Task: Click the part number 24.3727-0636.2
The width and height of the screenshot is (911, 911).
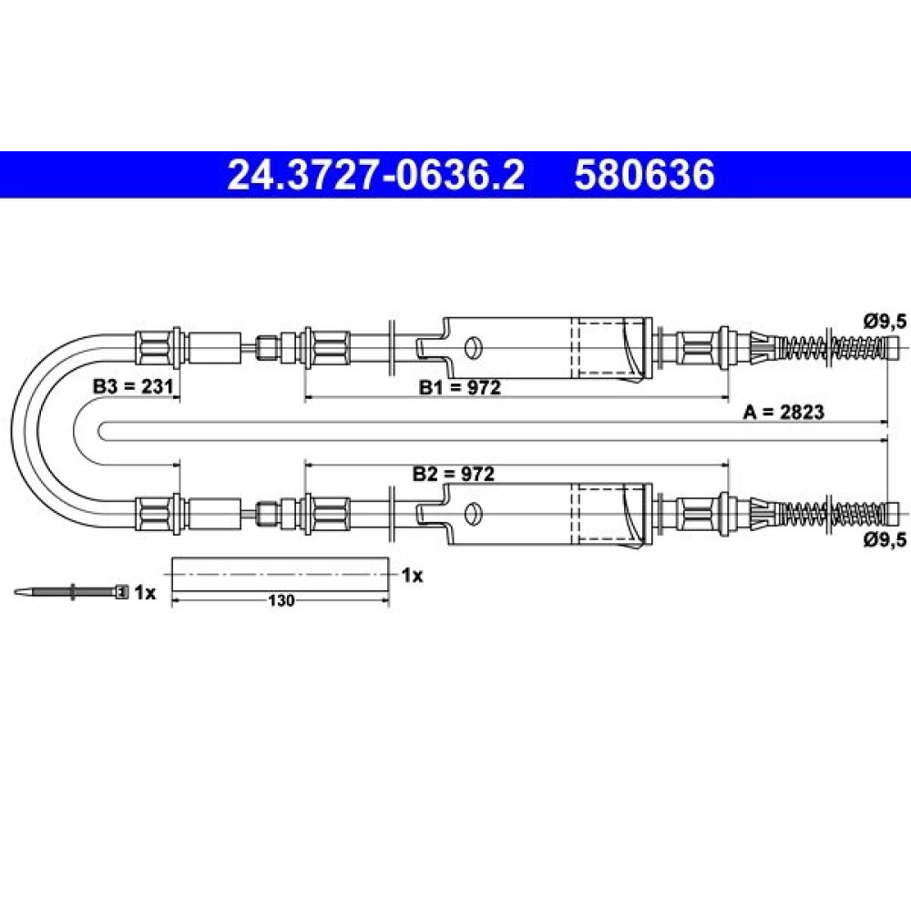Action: tap(376, 175)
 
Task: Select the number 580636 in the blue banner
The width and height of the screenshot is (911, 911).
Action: tap(644, 175)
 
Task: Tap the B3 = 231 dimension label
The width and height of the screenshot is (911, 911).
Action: tap(134, 386)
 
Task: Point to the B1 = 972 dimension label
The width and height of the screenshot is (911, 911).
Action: tap(459, 387)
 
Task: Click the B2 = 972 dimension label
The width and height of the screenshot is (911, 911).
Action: tap(453, 474)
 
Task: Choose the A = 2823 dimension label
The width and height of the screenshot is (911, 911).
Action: tap(783, 412)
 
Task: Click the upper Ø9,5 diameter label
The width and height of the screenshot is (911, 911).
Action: tap(885, 322)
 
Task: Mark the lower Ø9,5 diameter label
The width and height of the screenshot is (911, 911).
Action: tap(885, 539)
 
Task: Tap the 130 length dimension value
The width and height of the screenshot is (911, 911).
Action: tap(281, 600)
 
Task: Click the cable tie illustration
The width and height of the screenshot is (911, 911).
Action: tap(70, 592)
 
